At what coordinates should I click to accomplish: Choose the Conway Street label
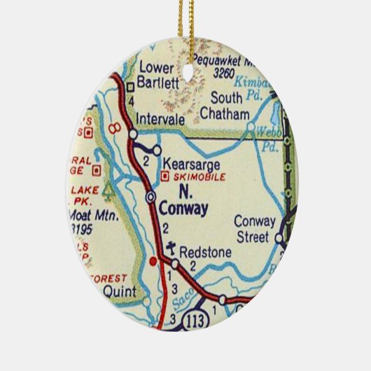pos(253,232)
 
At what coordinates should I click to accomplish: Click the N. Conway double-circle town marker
pos(150,197)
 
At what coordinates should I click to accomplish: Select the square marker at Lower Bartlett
pos(130,87)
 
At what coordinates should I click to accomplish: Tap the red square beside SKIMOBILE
pos(164,177)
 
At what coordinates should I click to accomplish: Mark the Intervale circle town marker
pos(132,132)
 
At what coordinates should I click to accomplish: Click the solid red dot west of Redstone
pos(154,262)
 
